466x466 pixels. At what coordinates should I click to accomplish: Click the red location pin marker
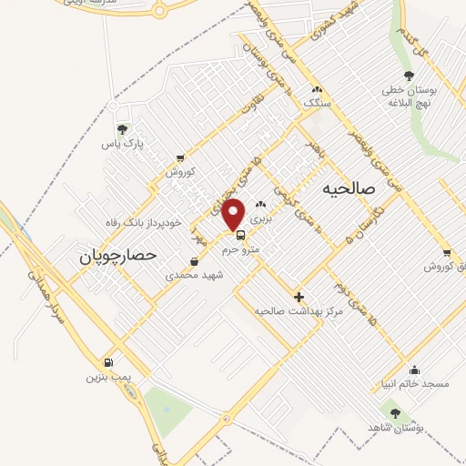tap(234, 213)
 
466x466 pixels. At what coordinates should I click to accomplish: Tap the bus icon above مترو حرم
tap(240, 233)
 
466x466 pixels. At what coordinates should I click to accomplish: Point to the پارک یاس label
tap(123, 144)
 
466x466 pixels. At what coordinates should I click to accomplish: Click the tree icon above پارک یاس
tap(123, 129)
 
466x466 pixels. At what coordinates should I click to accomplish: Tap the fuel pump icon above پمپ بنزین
tap(109, 361)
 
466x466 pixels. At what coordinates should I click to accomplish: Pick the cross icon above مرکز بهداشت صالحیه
tap(299, 297)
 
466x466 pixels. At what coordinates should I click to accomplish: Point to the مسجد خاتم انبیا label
tap(416, 384)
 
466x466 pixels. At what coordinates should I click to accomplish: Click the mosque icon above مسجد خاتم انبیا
tap(415, 370)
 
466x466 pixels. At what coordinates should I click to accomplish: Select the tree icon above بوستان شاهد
tap(394, 412)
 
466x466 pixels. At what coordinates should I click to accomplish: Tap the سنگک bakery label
tap(316, 104)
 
